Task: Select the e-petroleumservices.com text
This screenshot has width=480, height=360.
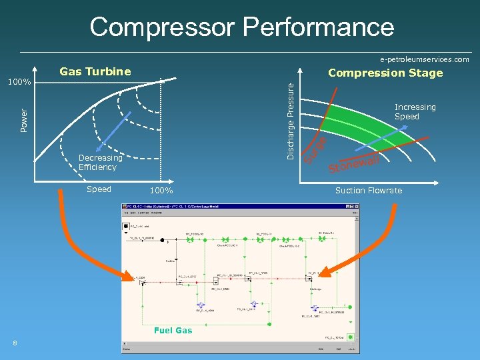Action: click(424, 59)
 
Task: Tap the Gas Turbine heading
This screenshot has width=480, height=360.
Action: click(95, 71)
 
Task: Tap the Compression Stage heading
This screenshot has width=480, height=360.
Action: click(385, 73)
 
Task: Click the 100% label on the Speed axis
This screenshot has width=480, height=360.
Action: click(161, 191)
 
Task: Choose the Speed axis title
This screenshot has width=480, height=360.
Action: click(99, 189)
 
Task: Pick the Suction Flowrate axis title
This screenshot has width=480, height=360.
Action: click(369, 190)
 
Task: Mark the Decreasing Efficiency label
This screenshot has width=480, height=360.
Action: click(100, 163)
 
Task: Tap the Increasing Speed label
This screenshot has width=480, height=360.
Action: click(415, 112)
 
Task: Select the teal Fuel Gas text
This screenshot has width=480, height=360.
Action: click(173, 330)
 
